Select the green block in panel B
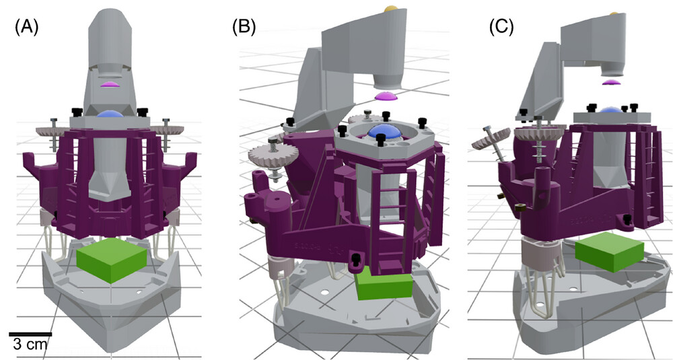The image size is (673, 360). pos(383,285)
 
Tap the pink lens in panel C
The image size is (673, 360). pos(610,82)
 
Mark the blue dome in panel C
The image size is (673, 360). pos(610,111)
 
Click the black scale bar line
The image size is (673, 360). pos(30,333)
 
